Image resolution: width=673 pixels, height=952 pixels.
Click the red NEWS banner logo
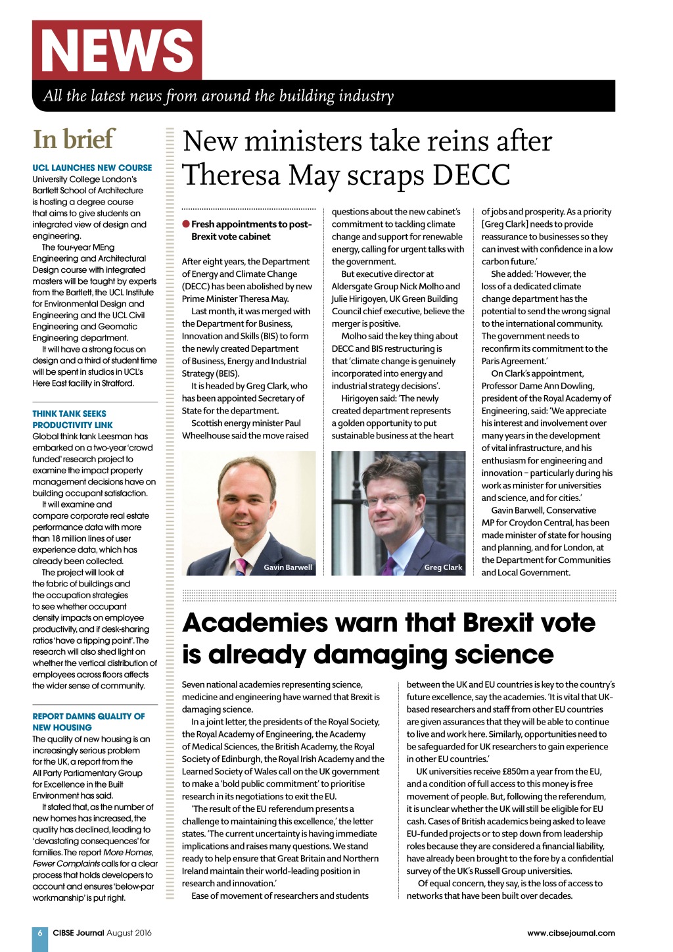click(117, 51)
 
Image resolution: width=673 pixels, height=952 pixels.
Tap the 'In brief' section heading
click(74, 139)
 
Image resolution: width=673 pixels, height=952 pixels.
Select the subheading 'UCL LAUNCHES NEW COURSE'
click(92, 168)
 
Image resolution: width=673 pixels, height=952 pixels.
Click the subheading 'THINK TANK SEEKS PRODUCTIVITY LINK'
click(72, 419)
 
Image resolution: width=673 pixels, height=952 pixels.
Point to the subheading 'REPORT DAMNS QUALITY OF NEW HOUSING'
click(88, 722)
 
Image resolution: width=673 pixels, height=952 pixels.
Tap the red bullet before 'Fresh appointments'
click(186, 224)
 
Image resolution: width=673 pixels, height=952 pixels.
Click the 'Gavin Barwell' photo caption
click(288, 567)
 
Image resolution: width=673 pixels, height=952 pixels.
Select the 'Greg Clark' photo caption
click(443, 567)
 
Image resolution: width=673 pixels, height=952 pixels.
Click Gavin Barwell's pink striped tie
click(241, 565)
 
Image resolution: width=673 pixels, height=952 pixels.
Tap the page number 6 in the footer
click(40, 933)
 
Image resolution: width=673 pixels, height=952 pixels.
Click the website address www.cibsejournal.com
click(570, 933)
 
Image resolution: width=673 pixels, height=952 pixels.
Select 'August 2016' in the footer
click(129, 933)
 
